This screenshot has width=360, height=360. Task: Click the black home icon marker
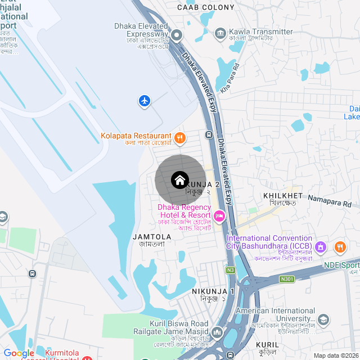point(179,180)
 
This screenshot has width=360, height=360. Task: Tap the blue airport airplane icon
point(145,101)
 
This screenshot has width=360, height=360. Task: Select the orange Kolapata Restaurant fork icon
point(179,137)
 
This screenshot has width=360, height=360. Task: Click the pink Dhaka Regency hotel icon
point(219,215)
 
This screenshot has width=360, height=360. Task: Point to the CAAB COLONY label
point(205,7)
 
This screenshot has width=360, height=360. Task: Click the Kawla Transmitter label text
point(261,32)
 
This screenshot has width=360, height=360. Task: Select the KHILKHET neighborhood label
point(283,195)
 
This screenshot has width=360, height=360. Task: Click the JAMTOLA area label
point(151,237)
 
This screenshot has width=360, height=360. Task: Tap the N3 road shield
point(231,270)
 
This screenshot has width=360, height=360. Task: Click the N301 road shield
point(287,279)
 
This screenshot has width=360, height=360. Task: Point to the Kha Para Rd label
point(230,77)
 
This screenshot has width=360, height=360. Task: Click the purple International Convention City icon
point(321,246)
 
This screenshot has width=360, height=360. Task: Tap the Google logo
point(19,353)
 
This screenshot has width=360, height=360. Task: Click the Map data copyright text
point(336,355)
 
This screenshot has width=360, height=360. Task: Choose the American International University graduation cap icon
point(323,320)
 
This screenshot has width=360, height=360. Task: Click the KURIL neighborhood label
point(267,345)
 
